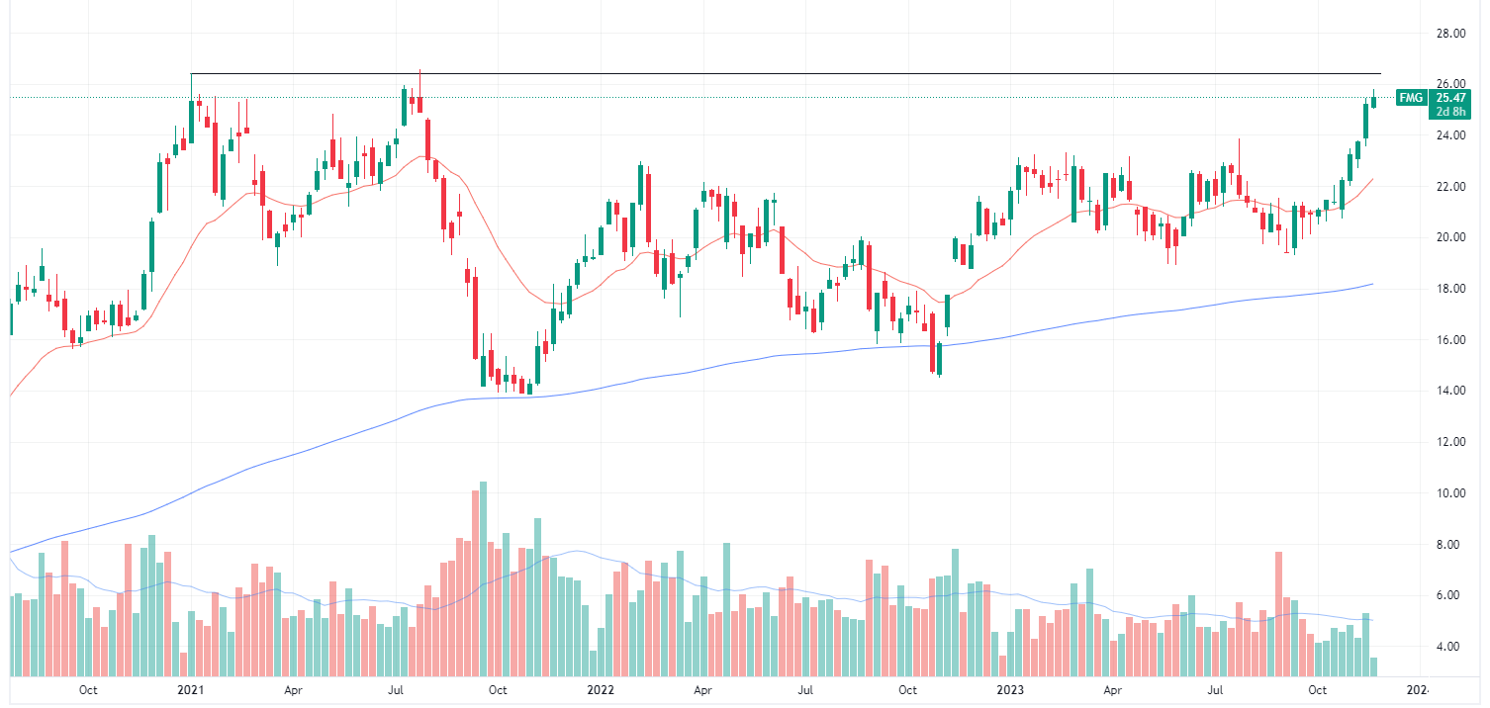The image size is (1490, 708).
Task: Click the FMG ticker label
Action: click(x=1410, y=98)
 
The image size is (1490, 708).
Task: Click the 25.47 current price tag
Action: click(x=1449, y=98)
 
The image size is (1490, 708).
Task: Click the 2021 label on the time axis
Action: click(x=189, y=689)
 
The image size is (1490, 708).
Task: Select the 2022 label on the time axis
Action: click(x=601, y=689)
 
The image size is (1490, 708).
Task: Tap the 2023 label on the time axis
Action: click(x=1010, y=689)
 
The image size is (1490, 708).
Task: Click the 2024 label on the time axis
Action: click(x=1417, y=689)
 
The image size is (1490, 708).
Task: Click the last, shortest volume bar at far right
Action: click(x=1373, y=666)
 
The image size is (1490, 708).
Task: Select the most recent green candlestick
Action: click(x=1373, y=100)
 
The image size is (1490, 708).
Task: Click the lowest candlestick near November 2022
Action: click(x=938, y=357)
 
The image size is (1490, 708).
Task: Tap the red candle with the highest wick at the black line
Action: click(x=419, y=99)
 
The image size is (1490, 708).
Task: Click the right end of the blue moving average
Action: click(x=1372, y=284)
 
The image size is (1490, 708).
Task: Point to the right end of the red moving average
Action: click(x=1372, y=179)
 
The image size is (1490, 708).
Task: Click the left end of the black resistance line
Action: click(x=191, y=74)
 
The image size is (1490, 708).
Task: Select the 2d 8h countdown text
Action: click(x=1449, y=112)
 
